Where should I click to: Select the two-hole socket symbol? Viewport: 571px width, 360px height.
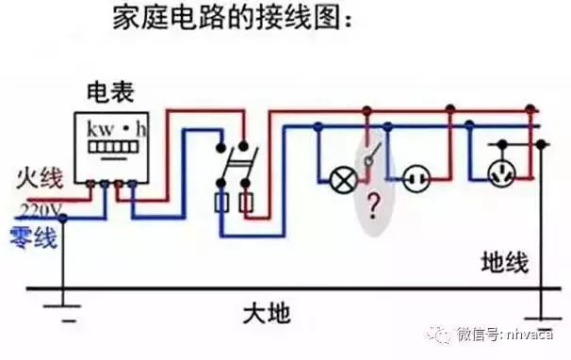(x=416, y=177)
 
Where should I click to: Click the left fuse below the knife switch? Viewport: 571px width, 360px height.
(x=222, y=203)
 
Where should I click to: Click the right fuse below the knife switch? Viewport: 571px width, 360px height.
(x=246, y=203)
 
